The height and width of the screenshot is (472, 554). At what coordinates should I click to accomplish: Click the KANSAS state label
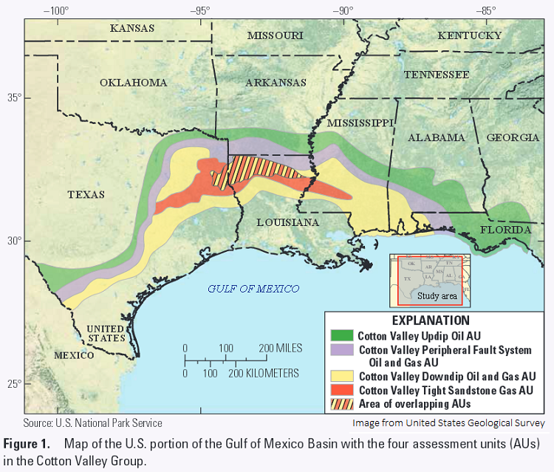[132, 28]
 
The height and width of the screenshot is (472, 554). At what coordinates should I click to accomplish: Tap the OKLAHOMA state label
[134, 83]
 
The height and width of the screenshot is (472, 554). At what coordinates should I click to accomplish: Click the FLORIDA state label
[507, 230]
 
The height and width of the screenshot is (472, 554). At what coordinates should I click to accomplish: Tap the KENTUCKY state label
[470, 35]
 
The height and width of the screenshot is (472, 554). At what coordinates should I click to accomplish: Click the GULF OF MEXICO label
[253, 289]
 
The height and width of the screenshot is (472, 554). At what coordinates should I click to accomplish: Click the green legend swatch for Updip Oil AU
[341, 335]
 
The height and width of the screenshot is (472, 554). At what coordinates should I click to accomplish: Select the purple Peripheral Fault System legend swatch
[341, 349]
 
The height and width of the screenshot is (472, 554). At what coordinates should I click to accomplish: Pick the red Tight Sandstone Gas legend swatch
[341, 390]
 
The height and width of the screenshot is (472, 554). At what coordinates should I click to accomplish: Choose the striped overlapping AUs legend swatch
[341, 403]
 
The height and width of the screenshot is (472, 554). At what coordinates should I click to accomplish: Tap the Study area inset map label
[437, 296]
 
